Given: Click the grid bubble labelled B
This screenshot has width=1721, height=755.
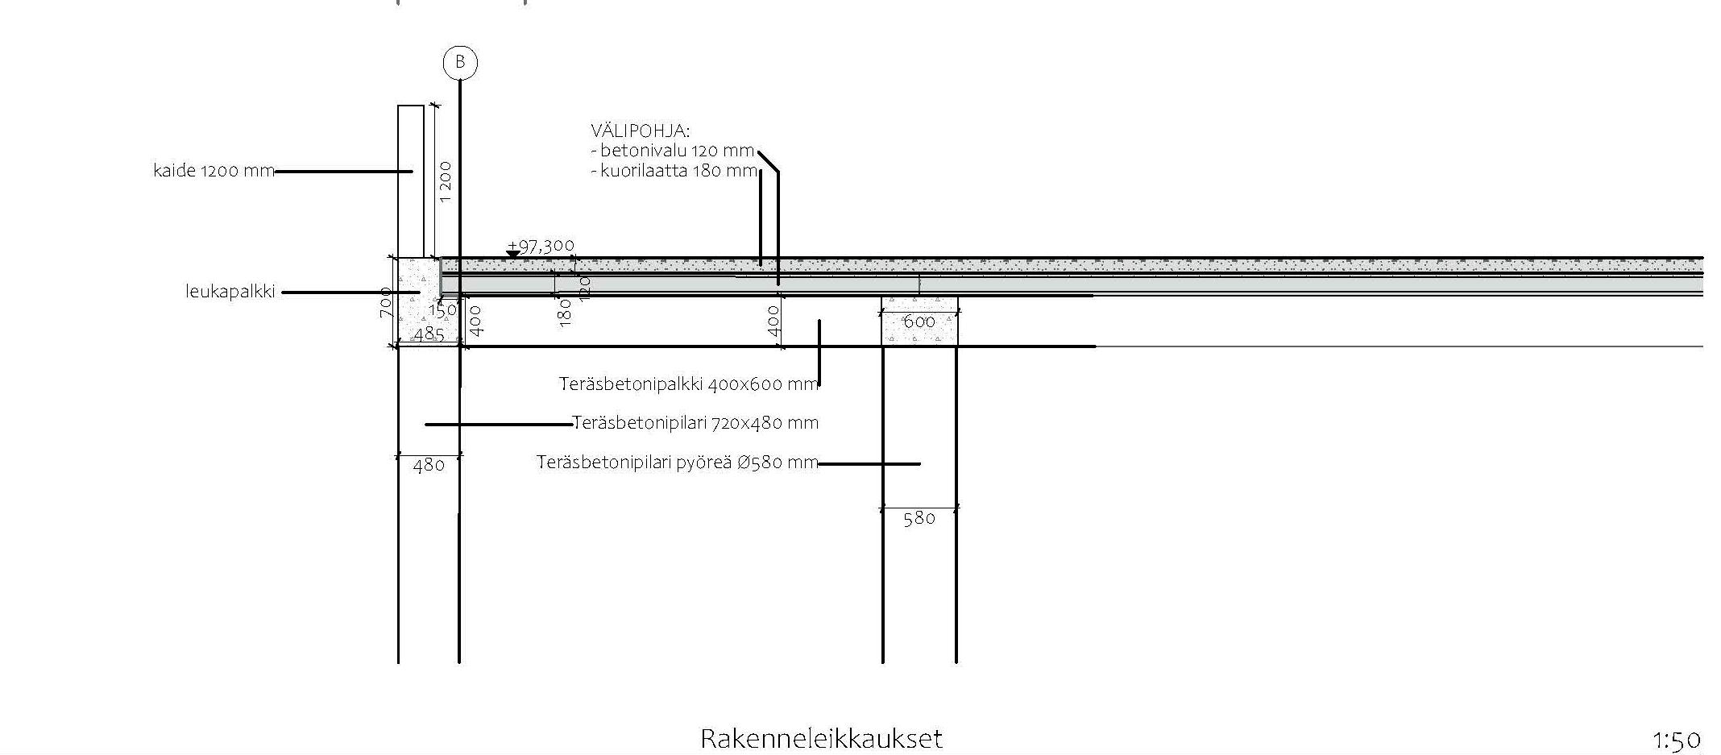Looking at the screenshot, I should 460,62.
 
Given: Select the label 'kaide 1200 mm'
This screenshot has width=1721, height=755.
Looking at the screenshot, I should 214,171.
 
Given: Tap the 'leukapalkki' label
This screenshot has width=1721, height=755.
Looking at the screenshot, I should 230,292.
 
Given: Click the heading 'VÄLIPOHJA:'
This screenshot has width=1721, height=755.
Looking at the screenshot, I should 641,131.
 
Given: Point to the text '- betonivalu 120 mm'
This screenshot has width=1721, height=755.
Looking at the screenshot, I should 673,151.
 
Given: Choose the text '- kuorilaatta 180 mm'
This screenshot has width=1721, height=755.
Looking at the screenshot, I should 674,171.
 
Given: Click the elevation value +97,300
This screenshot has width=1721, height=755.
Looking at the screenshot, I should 541,246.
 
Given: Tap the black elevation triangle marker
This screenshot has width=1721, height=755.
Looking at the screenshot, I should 512,255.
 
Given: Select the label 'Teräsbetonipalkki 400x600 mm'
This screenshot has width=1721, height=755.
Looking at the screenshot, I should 688,384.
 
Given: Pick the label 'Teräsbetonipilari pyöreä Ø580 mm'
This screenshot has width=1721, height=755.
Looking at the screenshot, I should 677,463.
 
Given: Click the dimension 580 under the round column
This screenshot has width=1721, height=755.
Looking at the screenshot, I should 919,519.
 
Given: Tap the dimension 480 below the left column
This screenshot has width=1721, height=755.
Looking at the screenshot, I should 429,466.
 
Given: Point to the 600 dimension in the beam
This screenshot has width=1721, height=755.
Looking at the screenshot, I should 919,321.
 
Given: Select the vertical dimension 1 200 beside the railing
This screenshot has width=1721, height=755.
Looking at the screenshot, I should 446,182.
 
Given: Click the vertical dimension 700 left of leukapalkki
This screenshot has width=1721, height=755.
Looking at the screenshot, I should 386,303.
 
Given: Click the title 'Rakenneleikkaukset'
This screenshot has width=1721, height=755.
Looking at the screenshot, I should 821,739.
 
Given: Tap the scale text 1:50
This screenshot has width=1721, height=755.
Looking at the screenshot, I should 1677,740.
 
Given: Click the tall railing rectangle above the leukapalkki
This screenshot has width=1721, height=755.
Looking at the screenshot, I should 411,181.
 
